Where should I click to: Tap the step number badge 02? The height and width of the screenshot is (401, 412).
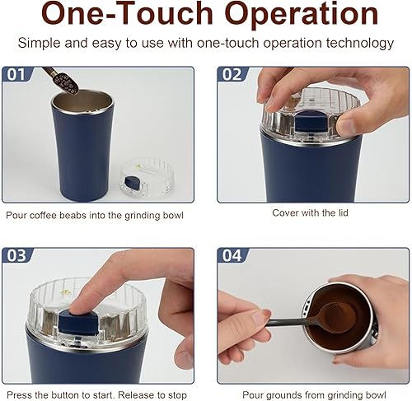click(232, 75)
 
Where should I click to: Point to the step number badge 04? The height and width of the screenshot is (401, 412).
click(232, 256)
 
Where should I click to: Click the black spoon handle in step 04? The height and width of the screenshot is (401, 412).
click(284, 324)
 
